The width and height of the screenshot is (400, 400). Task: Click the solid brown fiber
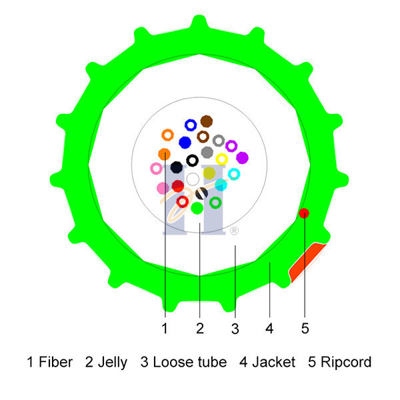tap(207, 121)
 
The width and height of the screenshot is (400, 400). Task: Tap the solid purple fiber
tap(242, 157)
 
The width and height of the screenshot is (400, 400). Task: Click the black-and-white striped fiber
tap(202, 193)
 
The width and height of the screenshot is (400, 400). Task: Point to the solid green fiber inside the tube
tap(197, 208)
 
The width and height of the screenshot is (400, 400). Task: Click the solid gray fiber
tap(207, 152)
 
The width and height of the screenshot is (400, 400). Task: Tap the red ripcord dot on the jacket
tap(304, 213)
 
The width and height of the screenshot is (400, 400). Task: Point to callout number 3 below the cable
tap(235, 329)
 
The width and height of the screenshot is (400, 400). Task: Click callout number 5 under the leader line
tap(305, 328)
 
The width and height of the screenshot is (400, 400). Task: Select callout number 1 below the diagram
tap(165, 328)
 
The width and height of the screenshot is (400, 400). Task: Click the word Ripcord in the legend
tap(346, 363)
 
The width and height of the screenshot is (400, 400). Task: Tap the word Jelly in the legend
tap(112, 363)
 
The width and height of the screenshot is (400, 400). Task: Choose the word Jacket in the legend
tap(274, 362)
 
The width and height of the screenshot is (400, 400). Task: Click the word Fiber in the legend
tap(55, 362)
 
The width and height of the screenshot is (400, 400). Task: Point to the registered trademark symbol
tap(234, 231)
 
